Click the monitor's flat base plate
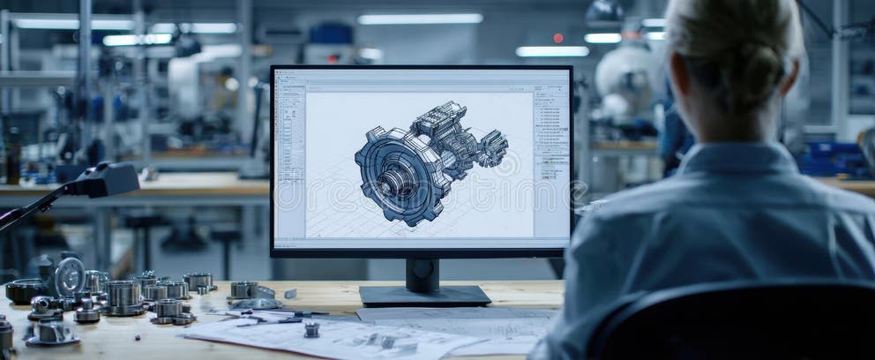(x=424, y=296)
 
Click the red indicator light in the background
(x=557, y=38)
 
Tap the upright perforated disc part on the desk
(x=69, y=276)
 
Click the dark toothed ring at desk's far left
(x=22, y=290)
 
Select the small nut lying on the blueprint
(x=310, y=329)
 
